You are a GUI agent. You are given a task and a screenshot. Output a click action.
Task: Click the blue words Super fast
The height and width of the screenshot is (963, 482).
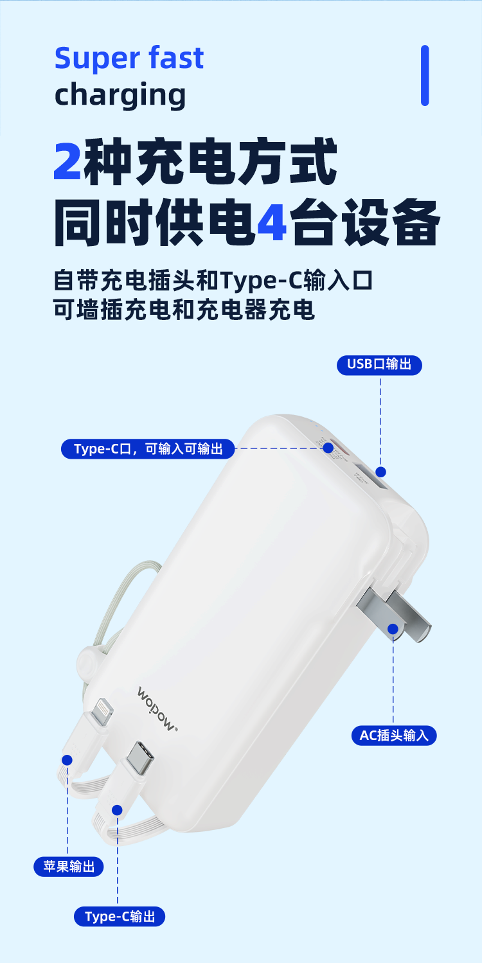point(129,58)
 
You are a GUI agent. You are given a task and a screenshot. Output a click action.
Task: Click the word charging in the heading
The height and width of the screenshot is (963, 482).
point(120,95)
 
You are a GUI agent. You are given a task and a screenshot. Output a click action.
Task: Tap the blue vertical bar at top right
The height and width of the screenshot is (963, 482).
point(425,75)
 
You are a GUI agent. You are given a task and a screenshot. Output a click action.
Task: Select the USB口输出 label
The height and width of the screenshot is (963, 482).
point(379,364)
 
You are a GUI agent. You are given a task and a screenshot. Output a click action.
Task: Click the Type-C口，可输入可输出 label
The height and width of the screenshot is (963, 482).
point(148,448)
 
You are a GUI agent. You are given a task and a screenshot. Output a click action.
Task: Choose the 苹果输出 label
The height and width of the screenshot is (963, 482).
point(68,866)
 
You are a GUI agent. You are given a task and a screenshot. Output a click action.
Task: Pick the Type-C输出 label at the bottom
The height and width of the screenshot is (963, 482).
point(120,916)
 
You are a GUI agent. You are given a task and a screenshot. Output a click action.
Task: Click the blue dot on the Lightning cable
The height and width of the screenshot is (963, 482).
point(66,760)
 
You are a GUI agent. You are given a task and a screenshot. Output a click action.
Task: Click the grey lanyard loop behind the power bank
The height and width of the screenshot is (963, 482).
point(138,578)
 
